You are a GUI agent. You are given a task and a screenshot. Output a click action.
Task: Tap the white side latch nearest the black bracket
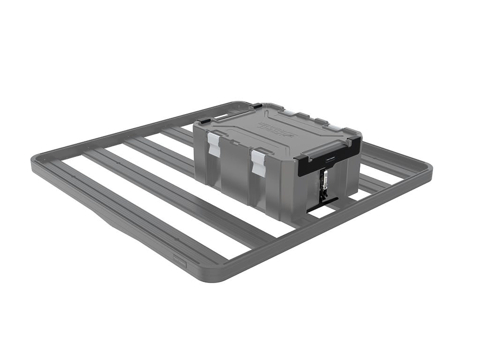258,162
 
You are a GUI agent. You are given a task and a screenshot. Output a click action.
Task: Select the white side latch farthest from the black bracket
214,143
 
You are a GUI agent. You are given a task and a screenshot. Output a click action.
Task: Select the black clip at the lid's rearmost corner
257,106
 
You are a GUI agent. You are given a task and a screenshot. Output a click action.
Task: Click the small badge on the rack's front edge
180,263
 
